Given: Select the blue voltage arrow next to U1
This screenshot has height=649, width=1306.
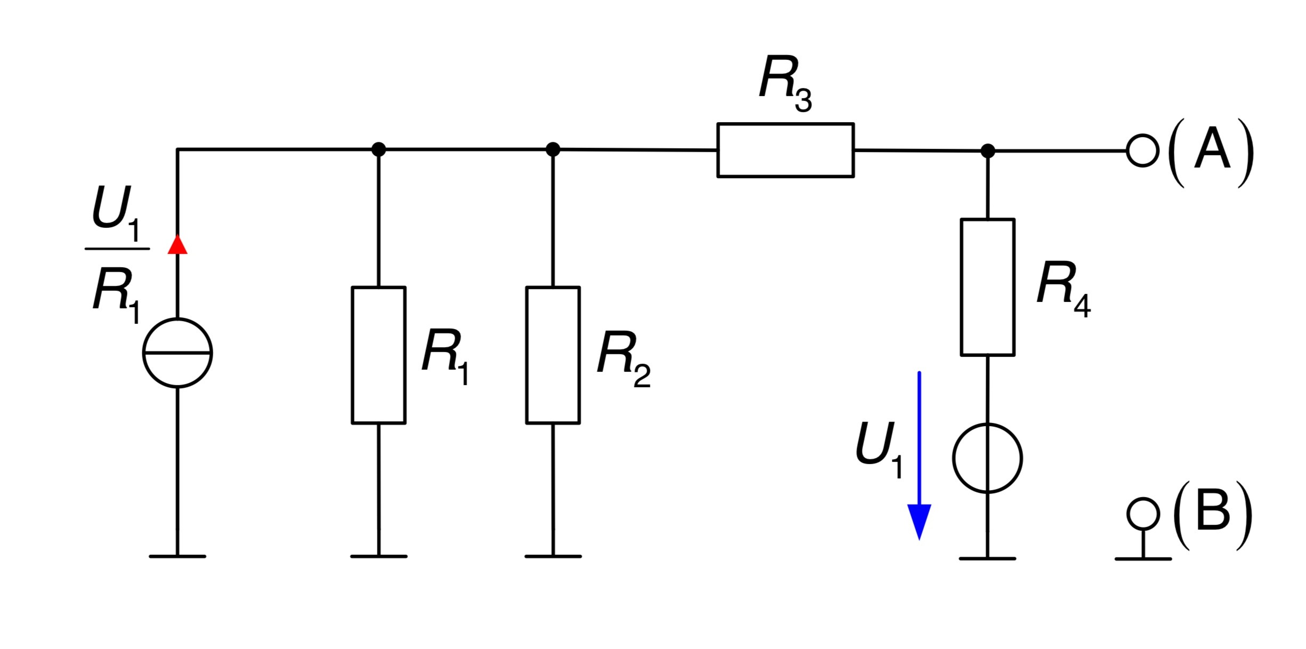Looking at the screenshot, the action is pyautogui.click(x=919, y=456).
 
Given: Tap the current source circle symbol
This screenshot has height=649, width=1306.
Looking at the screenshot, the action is pyautogui.click(x=178, y=353).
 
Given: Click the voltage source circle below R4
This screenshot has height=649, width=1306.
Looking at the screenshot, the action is pyautogui.click(x=987, y=458).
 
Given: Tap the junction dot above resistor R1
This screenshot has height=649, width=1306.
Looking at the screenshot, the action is pyautogui.click(x=378, y=149).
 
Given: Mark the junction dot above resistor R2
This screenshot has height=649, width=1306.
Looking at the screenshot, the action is pyautogui.click(x=553, y=149).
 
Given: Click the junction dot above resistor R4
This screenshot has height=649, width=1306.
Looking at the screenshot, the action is pyautogui.click(x=988, y=151).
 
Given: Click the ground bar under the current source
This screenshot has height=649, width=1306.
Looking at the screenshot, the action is pyautogui.click(x=178, y=556).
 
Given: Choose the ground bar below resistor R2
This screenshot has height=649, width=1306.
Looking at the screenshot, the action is pyautogui.click(x=553, y=556).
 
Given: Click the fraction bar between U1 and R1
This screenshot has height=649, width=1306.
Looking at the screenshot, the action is pyautogui.click(x=117, y=249).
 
